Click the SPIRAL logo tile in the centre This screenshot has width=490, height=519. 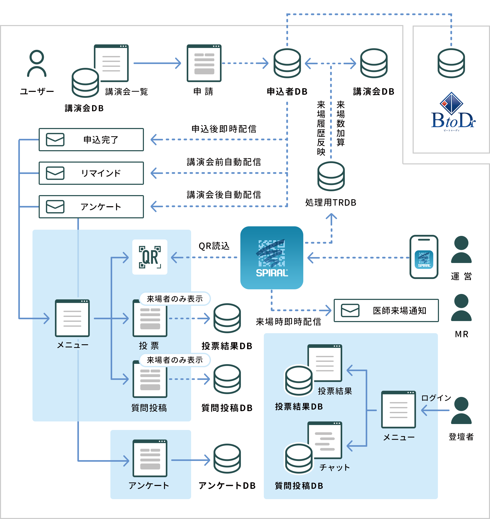(272, 258)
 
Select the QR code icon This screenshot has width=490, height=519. (150, 257)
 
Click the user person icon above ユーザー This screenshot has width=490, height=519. (37, 63)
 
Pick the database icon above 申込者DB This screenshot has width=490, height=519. (287, 63)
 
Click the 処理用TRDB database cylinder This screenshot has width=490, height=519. (331, 176)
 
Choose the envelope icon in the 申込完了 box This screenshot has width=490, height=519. (55, 140)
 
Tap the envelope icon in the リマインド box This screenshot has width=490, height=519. (55, 173)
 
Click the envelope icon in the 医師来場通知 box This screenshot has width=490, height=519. (350, 310)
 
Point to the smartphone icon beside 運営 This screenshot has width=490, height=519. (424, 257)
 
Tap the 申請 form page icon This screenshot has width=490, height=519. (204, 63)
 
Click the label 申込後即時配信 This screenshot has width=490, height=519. (224, 129)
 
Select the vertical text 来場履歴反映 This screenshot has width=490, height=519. (321, 128)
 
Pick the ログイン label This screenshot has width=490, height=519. (436, 398)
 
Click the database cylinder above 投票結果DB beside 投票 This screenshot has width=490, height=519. (227, 318)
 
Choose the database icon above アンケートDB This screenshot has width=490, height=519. (227, 458)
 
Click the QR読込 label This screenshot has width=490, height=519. (214, 246)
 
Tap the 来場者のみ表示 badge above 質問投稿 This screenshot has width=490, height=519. (175, 360)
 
